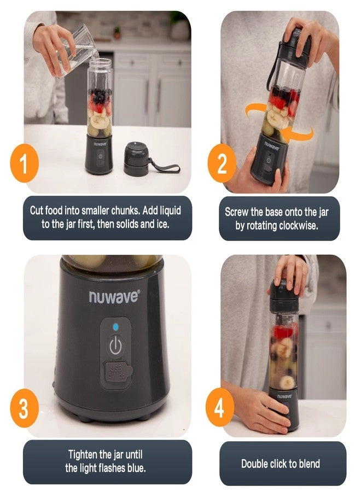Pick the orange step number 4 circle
[220, 408]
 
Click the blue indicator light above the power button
[115, 327]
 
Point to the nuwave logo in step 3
[114, 297]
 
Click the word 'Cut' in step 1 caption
[38, 210]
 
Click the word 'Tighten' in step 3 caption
[84, 455]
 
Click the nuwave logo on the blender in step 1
[99, 144]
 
